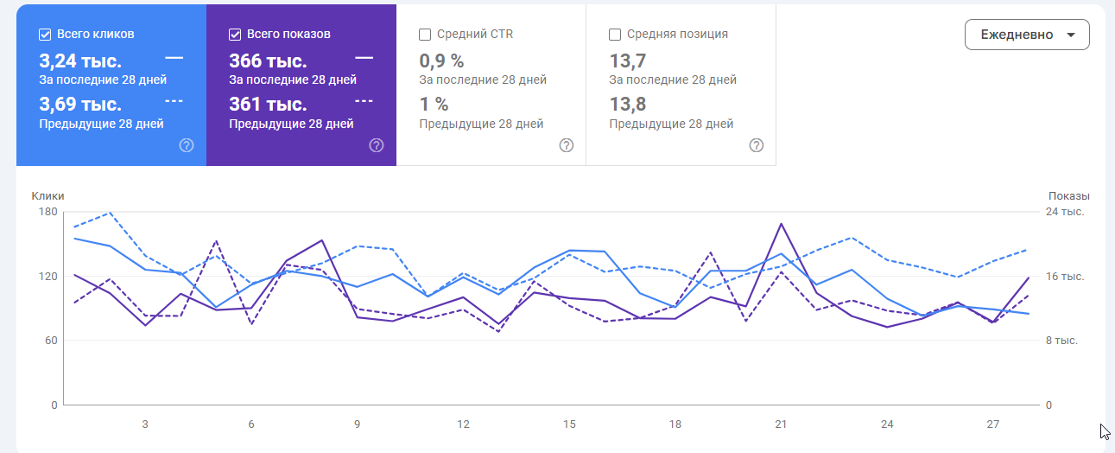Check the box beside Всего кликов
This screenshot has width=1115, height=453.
(45, 35)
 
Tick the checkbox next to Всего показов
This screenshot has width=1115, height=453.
(235, 35)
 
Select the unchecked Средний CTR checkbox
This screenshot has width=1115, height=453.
(425, 35)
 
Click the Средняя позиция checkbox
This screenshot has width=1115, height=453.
(615, 35)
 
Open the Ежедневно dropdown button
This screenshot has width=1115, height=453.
(1027, 35)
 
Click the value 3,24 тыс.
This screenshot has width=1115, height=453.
(80, 61)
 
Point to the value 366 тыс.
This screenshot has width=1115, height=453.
(268, 61)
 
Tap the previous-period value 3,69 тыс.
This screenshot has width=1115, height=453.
(80, 105)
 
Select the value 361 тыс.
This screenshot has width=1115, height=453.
(268, 105)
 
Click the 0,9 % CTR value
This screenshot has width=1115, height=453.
(441, 61)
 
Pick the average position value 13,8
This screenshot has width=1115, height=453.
(628, 105)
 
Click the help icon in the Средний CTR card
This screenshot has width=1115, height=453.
(567, 145)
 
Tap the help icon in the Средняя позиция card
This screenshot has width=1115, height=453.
(757, 145)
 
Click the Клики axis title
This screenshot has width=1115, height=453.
(48, 196)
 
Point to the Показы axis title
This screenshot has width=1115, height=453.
(1068, 196)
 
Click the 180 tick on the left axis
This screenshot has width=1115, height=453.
(48, 212)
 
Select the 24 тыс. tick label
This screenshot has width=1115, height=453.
(1065, 212)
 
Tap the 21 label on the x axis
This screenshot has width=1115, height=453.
(781, 424)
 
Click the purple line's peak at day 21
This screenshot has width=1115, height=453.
(782, 224)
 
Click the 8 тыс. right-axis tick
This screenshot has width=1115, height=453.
(1061, 341)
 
